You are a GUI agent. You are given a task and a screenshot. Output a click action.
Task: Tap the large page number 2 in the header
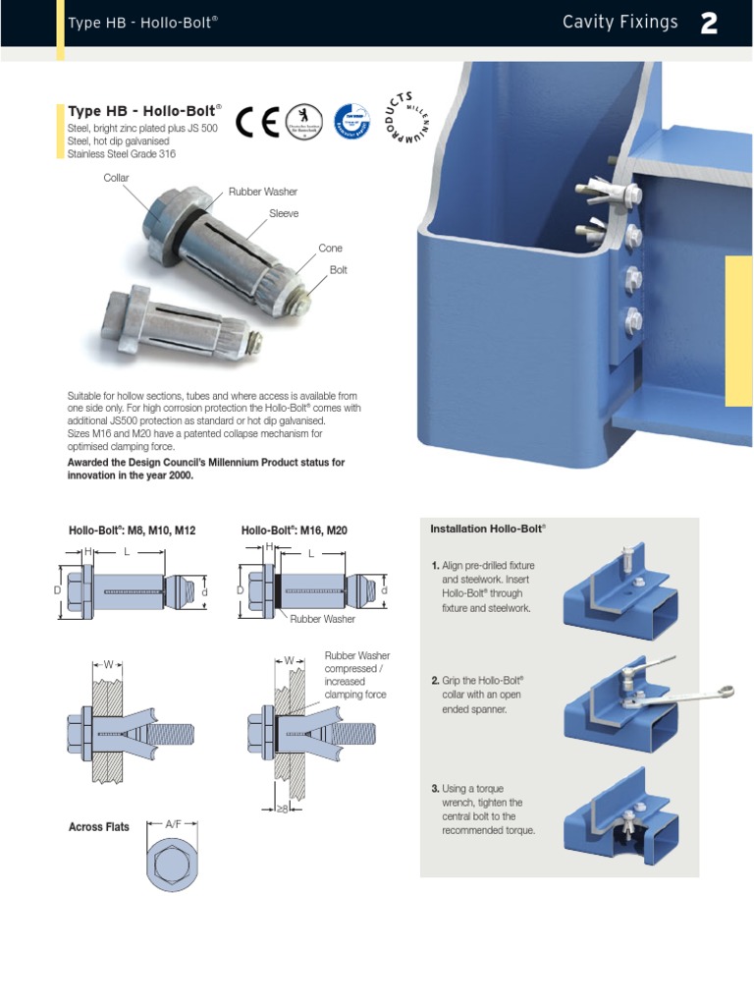709,25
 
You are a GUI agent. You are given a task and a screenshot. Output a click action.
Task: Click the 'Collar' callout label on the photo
117,177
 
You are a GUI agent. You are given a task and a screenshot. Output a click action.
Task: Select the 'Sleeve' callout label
284,212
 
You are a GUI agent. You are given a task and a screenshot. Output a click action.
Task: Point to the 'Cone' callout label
330,249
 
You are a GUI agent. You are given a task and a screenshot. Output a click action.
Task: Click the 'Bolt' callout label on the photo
339,268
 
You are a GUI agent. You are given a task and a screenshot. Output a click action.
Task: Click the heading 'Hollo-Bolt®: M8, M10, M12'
132,531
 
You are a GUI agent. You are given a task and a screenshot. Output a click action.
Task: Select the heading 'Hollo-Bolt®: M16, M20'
294,531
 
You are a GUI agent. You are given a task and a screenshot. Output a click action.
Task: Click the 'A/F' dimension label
174,823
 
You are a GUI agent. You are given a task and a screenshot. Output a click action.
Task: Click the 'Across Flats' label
98,827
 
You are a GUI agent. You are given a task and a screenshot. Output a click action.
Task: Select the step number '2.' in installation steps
435,680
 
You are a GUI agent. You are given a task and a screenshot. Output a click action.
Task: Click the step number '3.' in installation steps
435,788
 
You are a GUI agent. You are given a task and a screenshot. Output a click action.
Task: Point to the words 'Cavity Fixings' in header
619,23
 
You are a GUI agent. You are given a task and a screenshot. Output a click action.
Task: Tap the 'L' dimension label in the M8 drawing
127,553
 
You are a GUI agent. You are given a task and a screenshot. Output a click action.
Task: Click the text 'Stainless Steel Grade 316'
121,154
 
